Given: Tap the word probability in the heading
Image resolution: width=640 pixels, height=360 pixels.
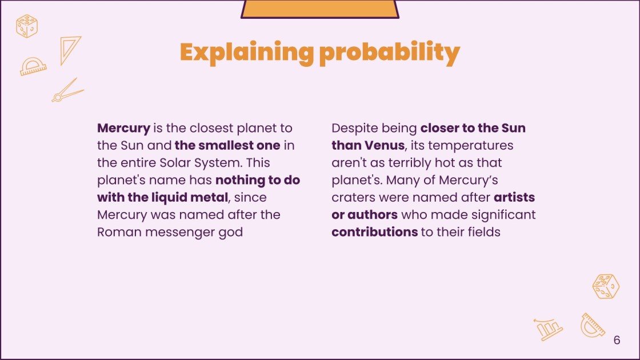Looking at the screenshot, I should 390,53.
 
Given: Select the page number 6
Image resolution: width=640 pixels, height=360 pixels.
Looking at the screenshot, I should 617,340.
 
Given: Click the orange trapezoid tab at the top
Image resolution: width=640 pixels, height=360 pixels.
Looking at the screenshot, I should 319,9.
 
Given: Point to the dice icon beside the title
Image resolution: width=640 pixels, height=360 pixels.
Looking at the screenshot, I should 27,26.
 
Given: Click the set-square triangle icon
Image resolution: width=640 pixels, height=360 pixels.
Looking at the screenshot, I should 70,49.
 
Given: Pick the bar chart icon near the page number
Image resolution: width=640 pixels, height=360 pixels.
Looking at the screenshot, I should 549,329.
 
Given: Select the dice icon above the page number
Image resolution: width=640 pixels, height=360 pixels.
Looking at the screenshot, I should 606,286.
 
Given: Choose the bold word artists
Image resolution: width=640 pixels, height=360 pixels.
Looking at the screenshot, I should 514,198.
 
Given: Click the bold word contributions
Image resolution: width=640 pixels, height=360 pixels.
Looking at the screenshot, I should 374,233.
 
